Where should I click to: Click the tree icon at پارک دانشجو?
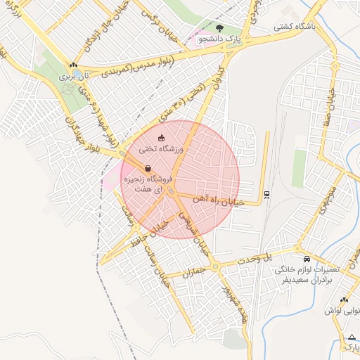point(221,29)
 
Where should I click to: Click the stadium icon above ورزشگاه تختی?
point(161,138)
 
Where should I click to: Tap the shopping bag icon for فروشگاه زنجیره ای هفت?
point(148,169)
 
